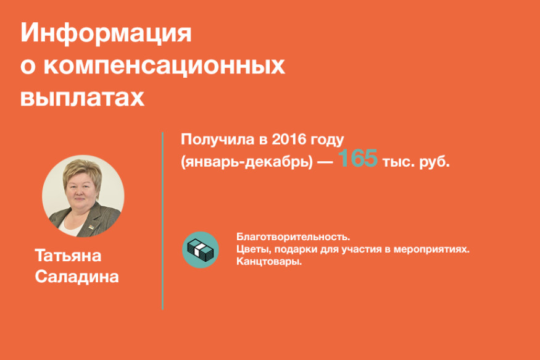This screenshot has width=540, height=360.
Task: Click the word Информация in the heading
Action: click(x=106, y=33)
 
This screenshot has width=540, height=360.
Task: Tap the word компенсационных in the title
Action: click(x=164, y=65)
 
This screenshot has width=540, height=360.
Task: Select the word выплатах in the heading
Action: click(x=82, y=98)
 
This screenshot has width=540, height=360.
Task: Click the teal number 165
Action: click(x=357, y=158)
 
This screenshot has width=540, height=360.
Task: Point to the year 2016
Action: click(x=289, y=139)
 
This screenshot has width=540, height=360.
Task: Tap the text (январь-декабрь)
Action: click(x=247, y=162)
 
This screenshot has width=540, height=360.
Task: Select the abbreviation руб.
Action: click(x=434, y=161)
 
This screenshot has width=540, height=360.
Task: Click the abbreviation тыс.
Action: click(x=399, y=162)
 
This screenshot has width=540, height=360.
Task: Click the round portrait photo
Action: click(x=83, y=196)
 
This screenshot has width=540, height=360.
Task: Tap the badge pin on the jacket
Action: click(x=91, y=227)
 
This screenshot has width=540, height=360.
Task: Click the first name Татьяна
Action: click(x=68, y=256)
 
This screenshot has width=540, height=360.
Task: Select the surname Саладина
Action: click(x=77, y=277)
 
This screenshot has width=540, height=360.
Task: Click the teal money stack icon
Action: click(x=201, y=249)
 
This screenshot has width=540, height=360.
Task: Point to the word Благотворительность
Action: click(x=293, y=237)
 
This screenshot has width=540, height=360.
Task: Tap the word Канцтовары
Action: click(x=269, y=261)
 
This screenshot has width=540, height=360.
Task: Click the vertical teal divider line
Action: click(x=162, y=221)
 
